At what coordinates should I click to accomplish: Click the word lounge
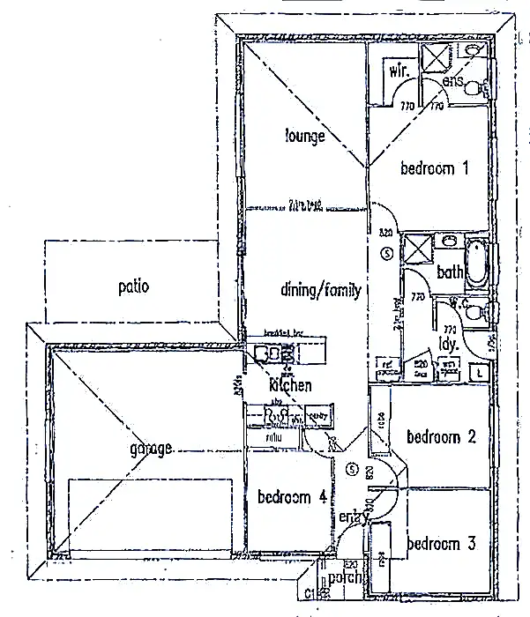pos(305,136)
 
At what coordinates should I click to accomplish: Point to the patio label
pos(133,286)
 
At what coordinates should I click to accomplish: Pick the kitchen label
pos(290,385)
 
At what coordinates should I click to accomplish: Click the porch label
pos(341,579)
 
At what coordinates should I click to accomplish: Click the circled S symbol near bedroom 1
pos(387,254)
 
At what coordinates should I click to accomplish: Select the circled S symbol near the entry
pos(351,468)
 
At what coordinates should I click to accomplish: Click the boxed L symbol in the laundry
pos(478,371)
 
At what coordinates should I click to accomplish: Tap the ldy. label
pos(449,343)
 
